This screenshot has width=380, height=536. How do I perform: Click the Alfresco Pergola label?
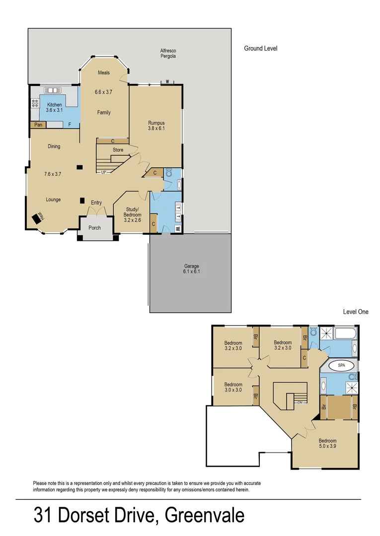tap(168, 54)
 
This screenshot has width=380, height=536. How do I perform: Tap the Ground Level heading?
tap(260, 48)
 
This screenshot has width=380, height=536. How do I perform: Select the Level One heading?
tap(356, 312)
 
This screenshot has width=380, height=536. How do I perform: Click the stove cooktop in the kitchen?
tap(35, 103)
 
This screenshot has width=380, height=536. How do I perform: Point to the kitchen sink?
tap(52, 90)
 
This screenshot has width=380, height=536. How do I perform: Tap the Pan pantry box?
tap(38, 125)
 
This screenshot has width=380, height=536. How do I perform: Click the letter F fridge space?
tap(70, 125)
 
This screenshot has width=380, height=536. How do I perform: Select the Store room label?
tap(118, 149)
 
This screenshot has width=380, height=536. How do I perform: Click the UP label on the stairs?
tap(103, 172)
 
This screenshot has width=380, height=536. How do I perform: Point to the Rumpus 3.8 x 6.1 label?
tap(156, 126)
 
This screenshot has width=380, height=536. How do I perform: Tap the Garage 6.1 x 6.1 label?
tap(191, 269)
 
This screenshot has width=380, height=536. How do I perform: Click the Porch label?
tap(94, 228)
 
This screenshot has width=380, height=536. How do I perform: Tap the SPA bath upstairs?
tap(341, 365)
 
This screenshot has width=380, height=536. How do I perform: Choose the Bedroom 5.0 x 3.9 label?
tap(327, 444)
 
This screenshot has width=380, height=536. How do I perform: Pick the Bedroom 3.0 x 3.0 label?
tap(233, 387)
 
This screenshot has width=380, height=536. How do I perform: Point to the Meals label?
tap(104, 73)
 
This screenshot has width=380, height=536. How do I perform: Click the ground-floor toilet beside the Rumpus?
tap(169, 173)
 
